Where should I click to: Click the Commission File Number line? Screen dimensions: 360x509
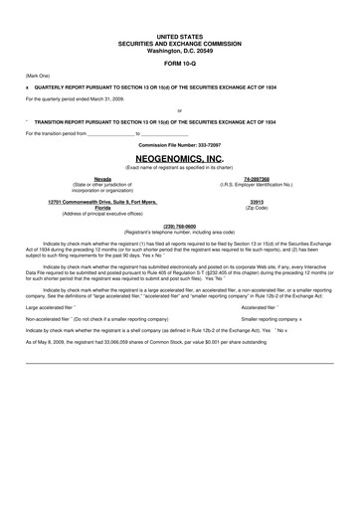click(x=180, y=144)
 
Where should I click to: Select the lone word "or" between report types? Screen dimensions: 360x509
click(x=179, y=109)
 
